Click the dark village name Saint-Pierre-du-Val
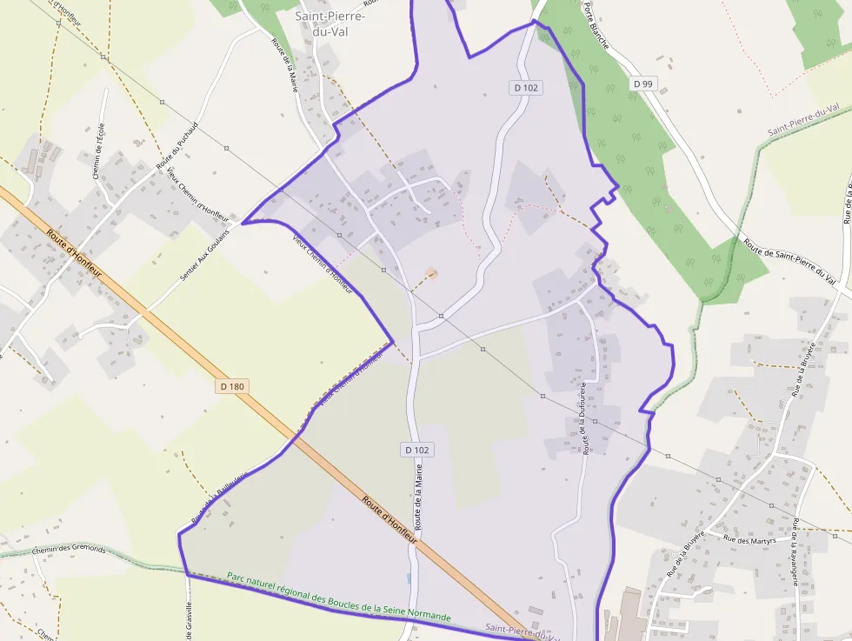pos(329,23)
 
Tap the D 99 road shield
pos(642,83)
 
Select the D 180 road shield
pos(232,386)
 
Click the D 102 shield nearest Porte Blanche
pos(526,87)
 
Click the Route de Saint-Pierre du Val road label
pos(795,261)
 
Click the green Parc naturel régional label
pos(339,596)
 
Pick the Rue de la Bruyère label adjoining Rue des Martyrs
pos(685,554)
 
